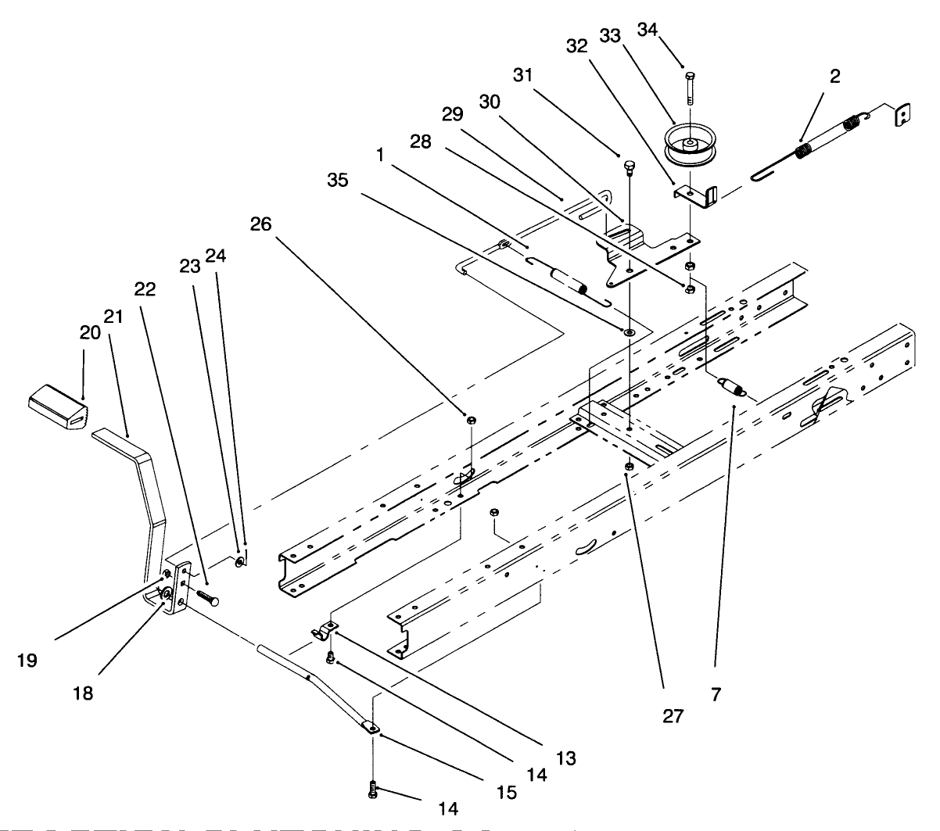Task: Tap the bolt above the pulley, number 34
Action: pyautogui.click(x=688, y=86)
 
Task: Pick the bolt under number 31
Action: pyautogui.click(x=630, y=167)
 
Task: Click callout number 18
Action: pyautogui.click(x=83, y=693)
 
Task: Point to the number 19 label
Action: pyautogui.click(x=27, y=661)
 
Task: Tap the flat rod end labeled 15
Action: pyautogui.click(x=371, y=728)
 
